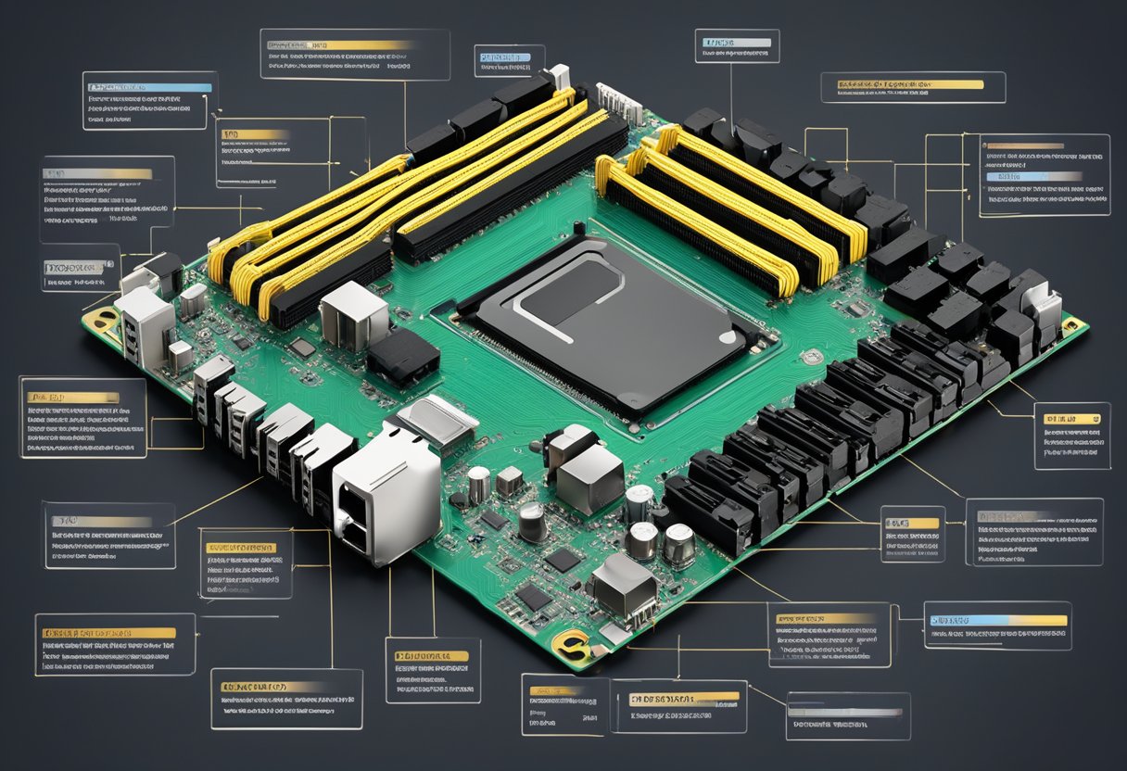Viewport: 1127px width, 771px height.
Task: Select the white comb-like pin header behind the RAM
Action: [x=619, y=102]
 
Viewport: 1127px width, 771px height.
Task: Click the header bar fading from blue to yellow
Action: [x=996, y=619]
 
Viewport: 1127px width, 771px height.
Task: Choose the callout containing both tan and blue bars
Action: [x=1044, y=174]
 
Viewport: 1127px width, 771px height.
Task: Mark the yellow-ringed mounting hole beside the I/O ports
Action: [x=105, y=320]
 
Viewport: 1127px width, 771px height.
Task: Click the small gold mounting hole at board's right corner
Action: [x=1072, y=325]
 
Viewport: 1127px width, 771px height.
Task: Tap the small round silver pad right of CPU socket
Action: [x=813, y=356]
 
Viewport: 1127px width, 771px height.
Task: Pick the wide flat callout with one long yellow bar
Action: [x=912, y=87]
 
